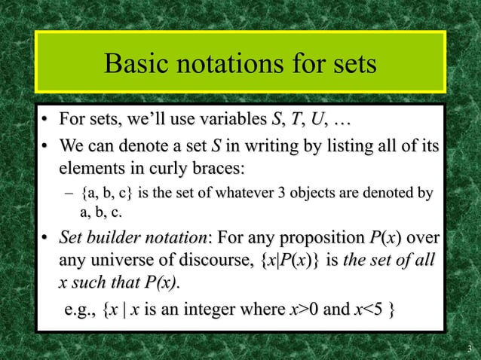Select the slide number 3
pyautogui.click(x=469, y=347)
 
